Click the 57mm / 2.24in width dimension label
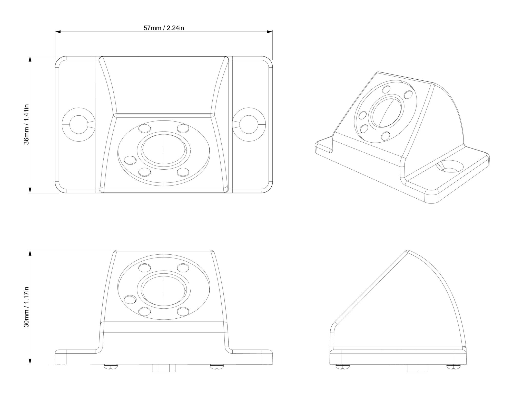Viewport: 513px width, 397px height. click(x=164, y=28)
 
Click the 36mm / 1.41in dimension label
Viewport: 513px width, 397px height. click(x=27, y=124)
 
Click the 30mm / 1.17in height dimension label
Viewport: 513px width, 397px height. click(x=27, y=307)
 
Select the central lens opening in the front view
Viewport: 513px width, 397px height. click(x=164, y=292)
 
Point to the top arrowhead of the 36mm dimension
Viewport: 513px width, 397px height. click(x=30, y=59)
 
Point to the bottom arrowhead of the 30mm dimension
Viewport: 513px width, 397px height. click(x=30, y=361)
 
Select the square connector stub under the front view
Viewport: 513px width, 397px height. click(x=164, y=368)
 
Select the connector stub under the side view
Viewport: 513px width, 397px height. click(x=417, y=368)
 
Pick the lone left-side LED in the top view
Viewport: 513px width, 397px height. click(x=130, y=160)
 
